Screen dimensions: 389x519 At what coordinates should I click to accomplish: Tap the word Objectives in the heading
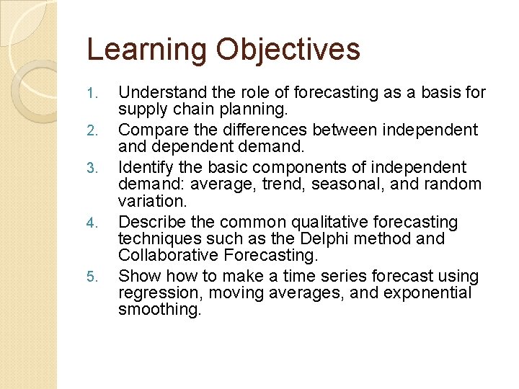287,50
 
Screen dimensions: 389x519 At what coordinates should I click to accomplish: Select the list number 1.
91,94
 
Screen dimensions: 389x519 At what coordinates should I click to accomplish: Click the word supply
140,109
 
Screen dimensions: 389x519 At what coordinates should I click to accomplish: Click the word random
454,184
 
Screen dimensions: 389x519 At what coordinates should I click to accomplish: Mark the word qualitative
346,222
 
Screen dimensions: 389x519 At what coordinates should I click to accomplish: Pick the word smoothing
160,310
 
